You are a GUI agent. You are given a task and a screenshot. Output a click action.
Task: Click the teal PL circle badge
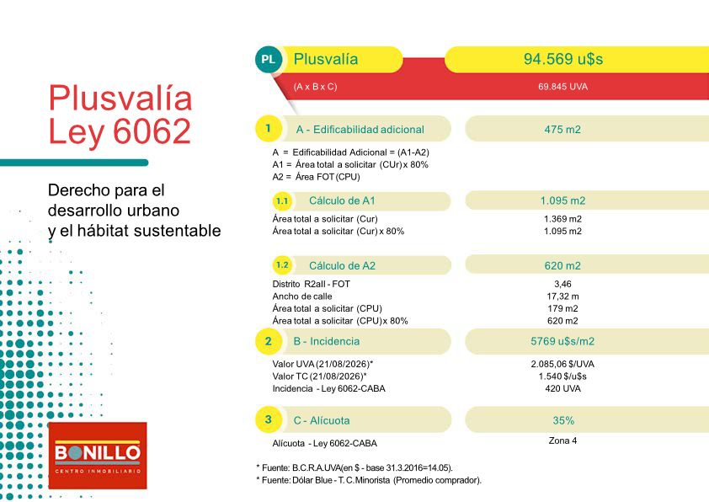click(x=268, y=59)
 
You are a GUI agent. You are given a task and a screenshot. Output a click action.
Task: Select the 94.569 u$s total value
click(x=563, y=59)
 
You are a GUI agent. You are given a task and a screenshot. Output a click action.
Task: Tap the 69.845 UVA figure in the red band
click(x=562, y=87)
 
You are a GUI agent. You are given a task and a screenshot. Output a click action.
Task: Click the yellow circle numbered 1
click(x=268, y=128)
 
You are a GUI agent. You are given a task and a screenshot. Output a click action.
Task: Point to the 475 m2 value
click(x=562, y=130)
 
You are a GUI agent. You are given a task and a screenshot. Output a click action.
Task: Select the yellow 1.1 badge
click(x=282, y=200)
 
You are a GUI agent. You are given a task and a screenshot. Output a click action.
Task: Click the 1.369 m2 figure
click(x=562, y=219)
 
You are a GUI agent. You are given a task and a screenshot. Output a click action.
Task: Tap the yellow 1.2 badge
click(x=282, y=265)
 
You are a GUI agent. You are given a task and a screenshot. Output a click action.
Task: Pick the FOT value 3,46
click(x=562, y=284)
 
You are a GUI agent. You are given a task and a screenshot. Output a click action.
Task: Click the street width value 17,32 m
click(x=562, y=296)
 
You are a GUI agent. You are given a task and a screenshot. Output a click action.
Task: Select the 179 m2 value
click(x=562, y=308)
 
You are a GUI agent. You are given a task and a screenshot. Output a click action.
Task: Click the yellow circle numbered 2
click(x=268, y=341)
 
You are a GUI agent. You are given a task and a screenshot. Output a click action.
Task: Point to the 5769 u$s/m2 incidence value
click(x=562, y=341)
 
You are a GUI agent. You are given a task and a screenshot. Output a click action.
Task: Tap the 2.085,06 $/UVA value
click(x=562, y=364)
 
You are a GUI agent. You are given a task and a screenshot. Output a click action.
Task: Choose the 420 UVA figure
click(x=562, y=388)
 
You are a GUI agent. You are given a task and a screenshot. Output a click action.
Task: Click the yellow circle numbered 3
click(x=268, y=419)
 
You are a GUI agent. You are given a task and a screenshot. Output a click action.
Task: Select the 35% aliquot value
click(x=563, y=420)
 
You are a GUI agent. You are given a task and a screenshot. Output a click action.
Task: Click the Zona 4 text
click(x=562, y=441)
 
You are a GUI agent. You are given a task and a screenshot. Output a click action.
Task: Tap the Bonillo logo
click(x=98, y=456)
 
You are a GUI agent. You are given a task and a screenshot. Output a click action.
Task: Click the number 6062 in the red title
click(x=152, y=131)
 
